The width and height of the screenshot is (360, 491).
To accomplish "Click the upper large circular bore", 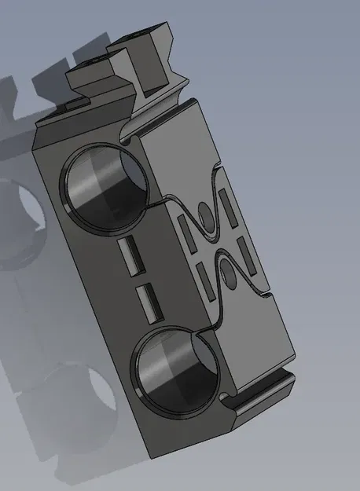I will coord(105,188).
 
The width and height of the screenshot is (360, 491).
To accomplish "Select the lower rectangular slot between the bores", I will coord(146,302).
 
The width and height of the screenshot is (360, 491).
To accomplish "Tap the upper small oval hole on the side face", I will coord(205,214).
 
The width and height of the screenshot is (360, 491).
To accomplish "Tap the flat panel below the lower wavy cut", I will coord(252,338).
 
